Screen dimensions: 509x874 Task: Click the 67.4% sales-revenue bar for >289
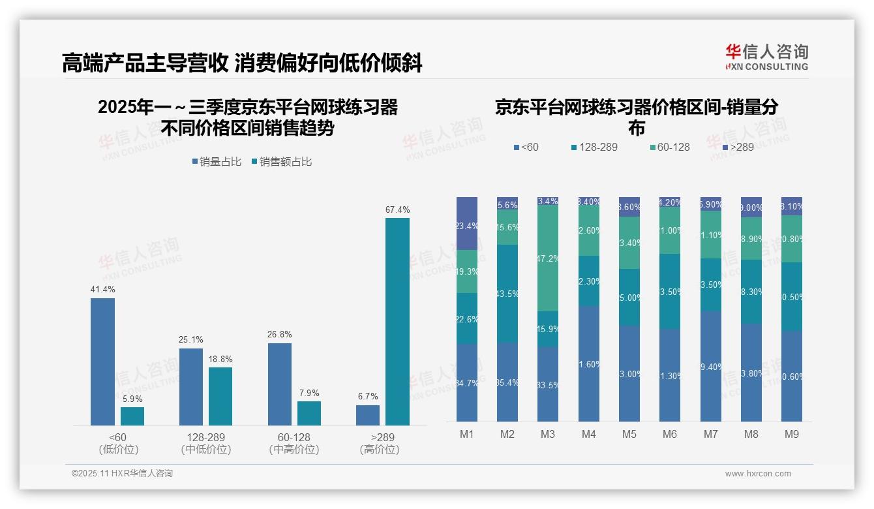[397, 322]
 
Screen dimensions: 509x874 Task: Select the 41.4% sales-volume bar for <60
[102, 362]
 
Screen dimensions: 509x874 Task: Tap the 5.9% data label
[132, 399]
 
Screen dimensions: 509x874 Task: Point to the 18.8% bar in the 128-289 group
[220, 396]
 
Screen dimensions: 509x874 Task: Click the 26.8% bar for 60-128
[279, 384]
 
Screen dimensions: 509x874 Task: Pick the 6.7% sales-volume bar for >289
[368, 415]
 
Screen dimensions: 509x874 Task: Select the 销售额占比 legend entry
[281, 162]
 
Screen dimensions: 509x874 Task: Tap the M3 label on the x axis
[547, 434]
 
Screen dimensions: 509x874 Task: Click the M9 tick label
[792, 434]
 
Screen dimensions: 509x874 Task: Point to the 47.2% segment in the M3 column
[547, 258]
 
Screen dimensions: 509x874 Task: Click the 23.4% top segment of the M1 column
[467, 223]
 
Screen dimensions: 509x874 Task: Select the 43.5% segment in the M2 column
[507, 294]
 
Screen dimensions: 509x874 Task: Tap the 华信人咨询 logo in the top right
[766, 57]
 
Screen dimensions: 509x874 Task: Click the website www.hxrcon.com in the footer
[758, 474]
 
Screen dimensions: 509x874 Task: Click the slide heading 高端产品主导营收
[145, 63]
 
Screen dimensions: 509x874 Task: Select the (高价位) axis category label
[379, 450]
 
